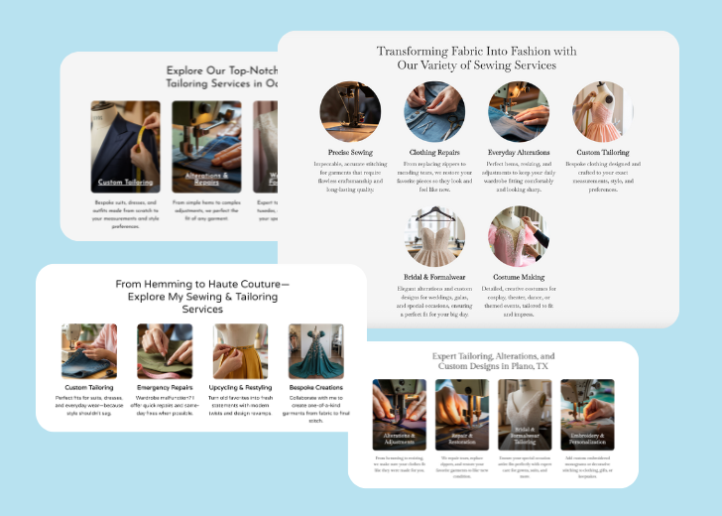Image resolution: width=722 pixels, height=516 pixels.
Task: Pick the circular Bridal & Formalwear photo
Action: [434, 236]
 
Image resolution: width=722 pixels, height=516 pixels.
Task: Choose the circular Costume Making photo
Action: [519, 236]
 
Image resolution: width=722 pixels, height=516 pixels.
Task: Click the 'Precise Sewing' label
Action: [350, 153]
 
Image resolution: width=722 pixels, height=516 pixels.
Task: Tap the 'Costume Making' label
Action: [519, 278]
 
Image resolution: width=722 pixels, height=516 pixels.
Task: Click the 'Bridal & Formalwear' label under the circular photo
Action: [434, 278]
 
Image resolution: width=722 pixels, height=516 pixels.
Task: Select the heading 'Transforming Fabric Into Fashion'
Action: [476, 51]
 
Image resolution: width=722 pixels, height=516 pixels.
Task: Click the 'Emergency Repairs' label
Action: [165, 387]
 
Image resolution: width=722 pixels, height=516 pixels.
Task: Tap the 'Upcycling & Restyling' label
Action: [240, 387]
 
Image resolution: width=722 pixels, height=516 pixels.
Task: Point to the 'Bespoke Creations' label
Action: [315, 387]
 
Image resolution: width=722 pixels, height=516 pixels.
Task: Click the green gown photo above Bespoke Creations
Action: [315, 351]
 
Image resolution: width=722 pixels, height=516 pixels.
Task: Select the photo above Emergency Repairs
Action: [165, 351]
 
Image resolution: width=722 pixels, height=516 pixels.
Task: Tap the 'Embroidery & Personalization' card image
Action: [587, 414]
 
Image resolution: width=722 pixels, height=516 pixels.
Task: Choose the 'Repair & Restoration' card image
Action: [461, 414]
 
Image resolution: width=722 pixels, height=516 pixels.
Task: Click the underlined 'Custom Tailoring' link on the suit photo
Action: [125, 183]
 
